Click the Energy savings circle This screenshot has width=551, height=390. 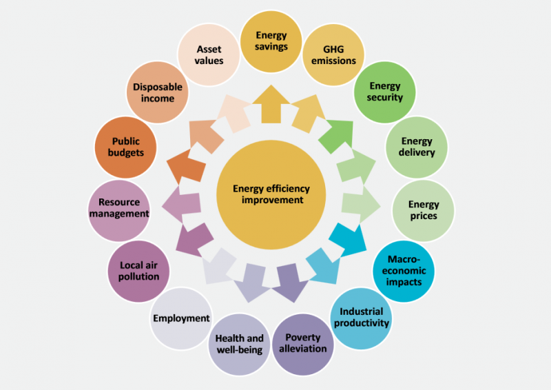pyautogui.click(x=271, y=41)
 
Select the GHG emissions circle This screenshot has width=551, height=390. pyautogui.click(x=333, y=55)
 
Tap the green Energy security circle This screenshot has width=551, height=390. pyautogui.click(x=385, y=92)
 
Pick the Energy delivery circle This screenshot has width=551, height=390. pyautogui.click(x=417, y=147)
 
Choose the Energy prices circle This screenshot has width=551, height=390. pyautogui.click(x=424, y=211)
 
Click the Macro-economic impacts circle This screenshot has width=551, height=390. pyautogui.click(x=404, y=271)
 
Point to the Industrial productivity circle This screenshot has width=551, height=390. pyautogui.click(x=361, y=318)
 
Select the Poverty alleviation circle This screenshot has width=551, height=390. pyautogui.click(x=303, y=345)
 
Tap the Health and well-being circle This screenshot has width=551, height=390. pyautogui.click(x=239, y=345)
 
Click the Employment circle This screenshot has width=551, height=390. pyautogui.click(x=181, y=318)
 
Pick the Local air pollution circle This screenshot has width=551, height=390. pyautogui.click(x=138, y=271)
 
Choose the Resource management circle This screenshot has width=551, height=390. pyautogui.click(x=119, y=211)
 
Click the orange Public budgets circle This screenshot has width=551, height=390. pyautogui.click(x=125, y=147)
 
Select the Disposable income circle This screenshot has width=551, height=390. pyautogui.click(x=158, y=92)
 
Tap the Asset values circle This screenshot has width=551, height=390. pyautogui.click(x=209, y=55)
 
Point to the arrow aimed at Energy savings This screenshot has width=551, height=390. pyautogui.click(x=271, y=105)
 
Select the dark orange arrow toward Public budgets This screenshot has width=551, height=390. pyautogui.click(x=186, y=165)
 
